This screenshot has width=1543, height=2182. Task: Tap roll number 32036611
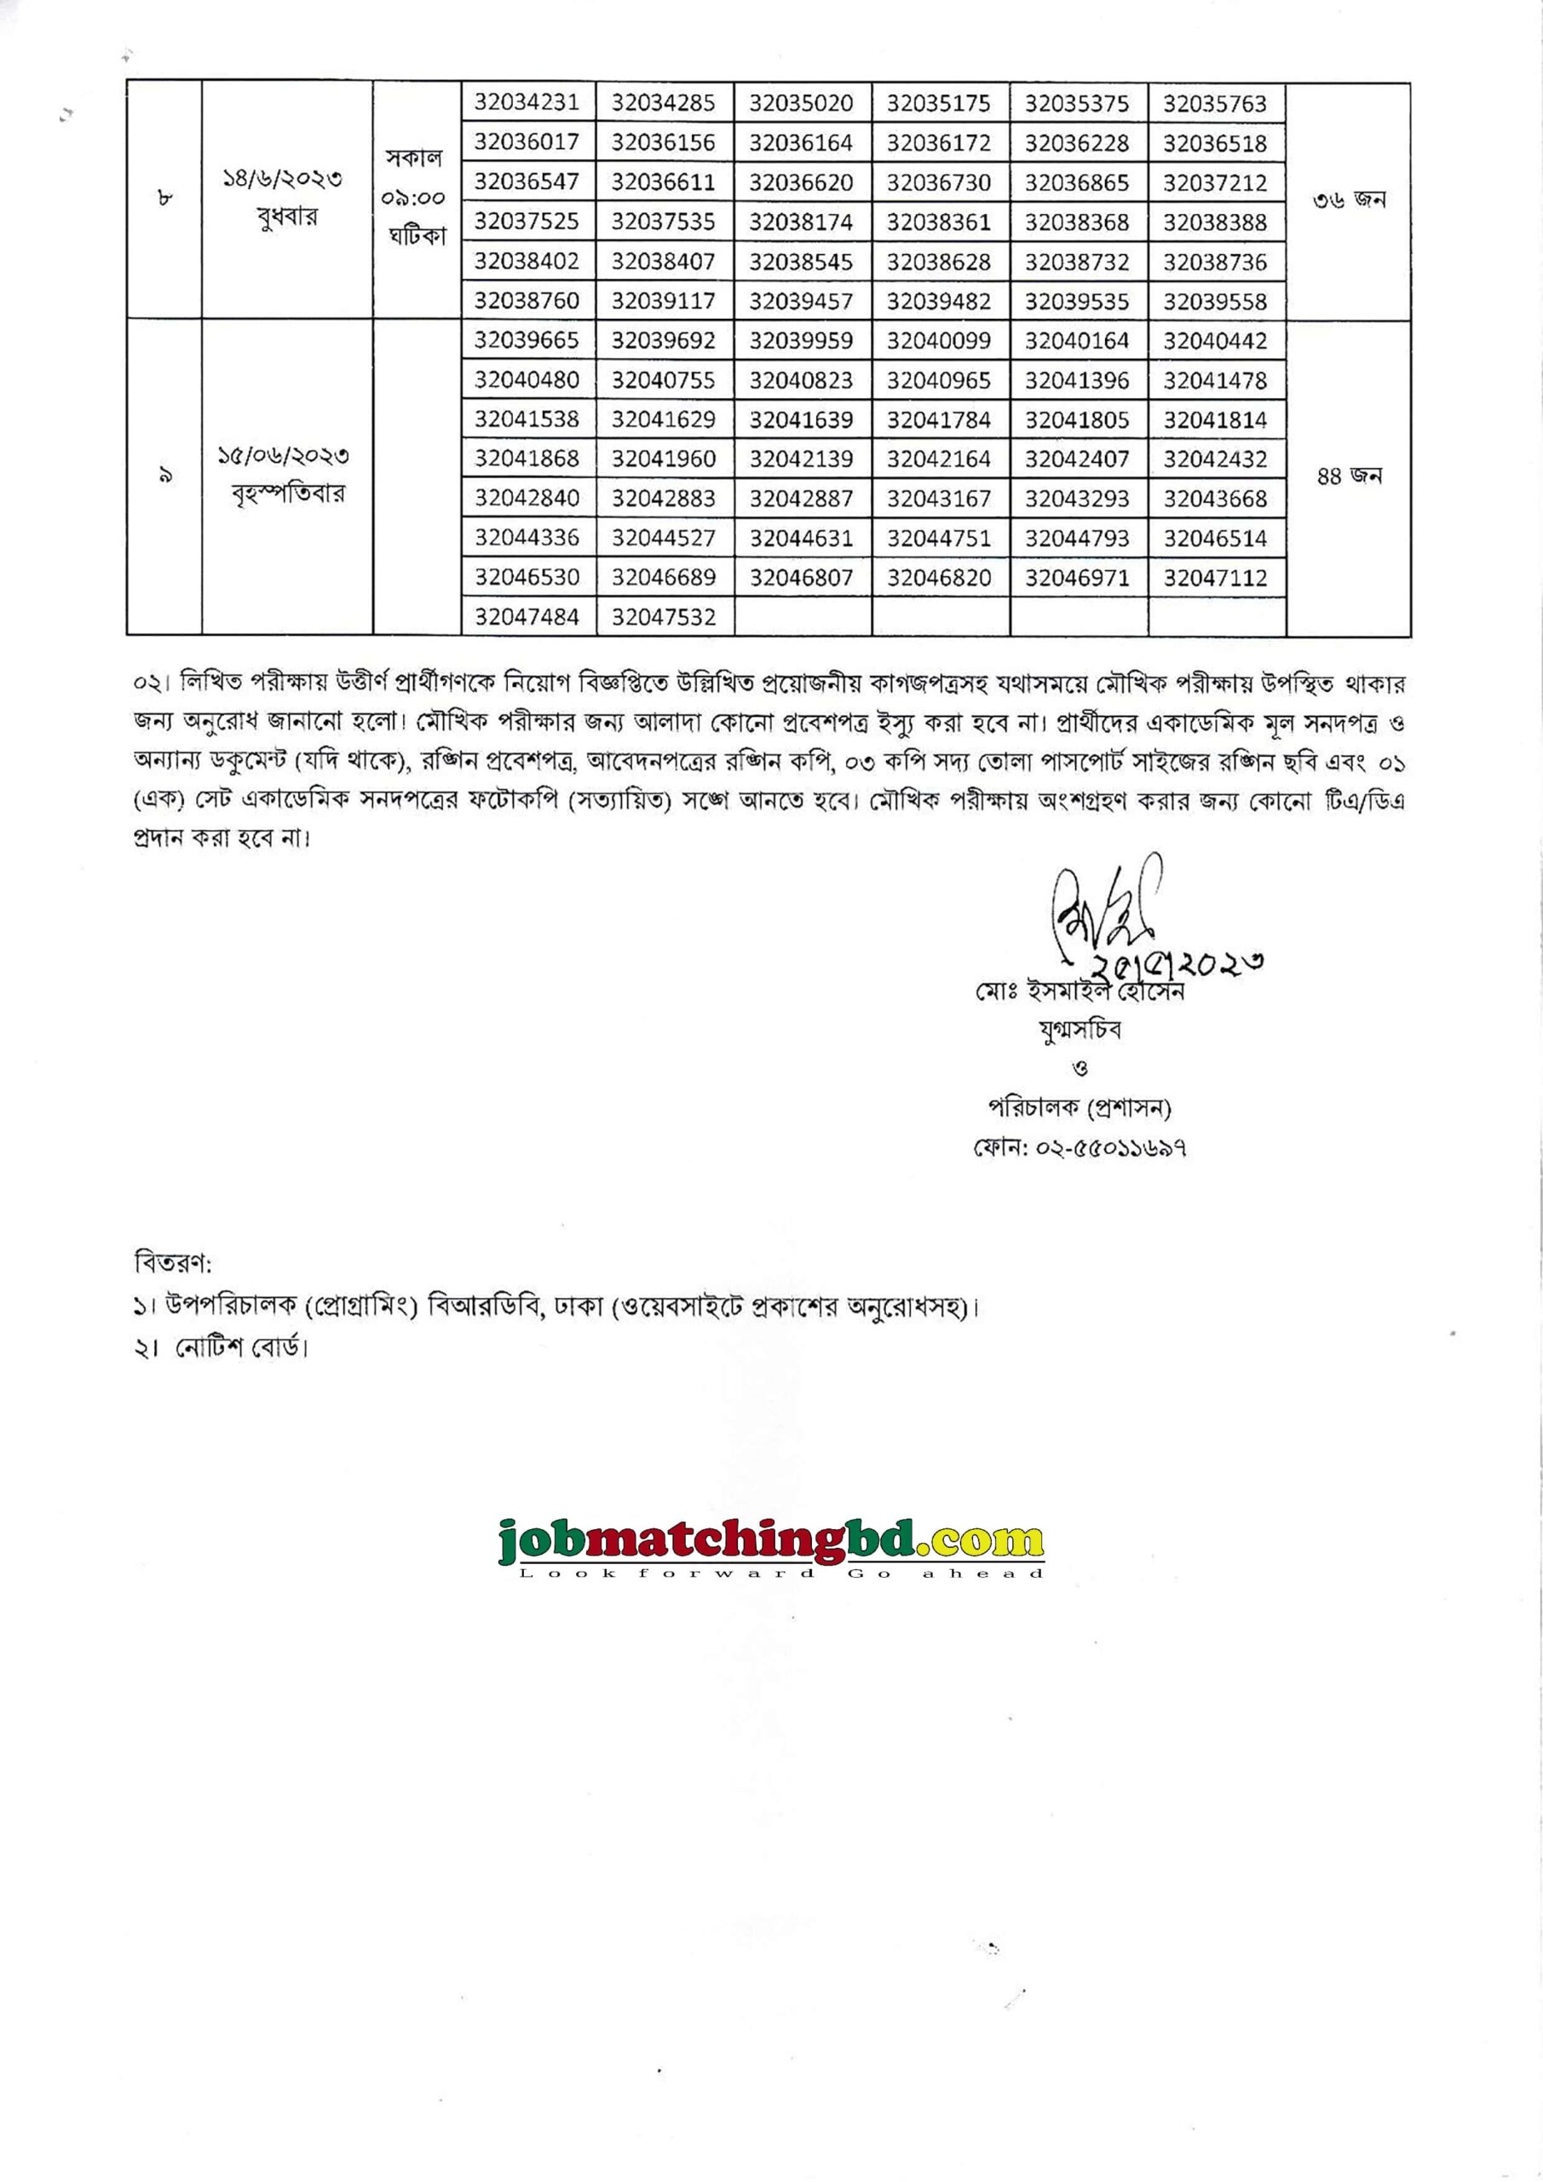[663, 182]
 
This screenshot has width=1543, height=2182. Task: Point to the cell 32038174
[801, 222]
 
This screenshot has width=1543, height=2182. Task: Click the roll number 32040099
[939, 340]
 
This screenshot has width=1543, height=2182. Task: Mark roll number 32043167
[939, 498]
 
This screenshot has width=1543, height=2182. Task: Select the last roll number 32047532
[663, 617]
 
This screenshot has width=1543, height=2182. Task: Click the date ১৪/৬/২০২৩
[282, 178]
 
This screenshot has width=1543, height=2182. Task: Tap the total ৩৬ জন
[1350, 199]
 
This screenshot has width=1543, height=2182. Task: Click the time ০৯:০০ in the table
[415, 199]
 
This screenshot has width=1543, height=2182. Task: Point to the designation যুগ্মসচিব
[1080, 1030]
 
